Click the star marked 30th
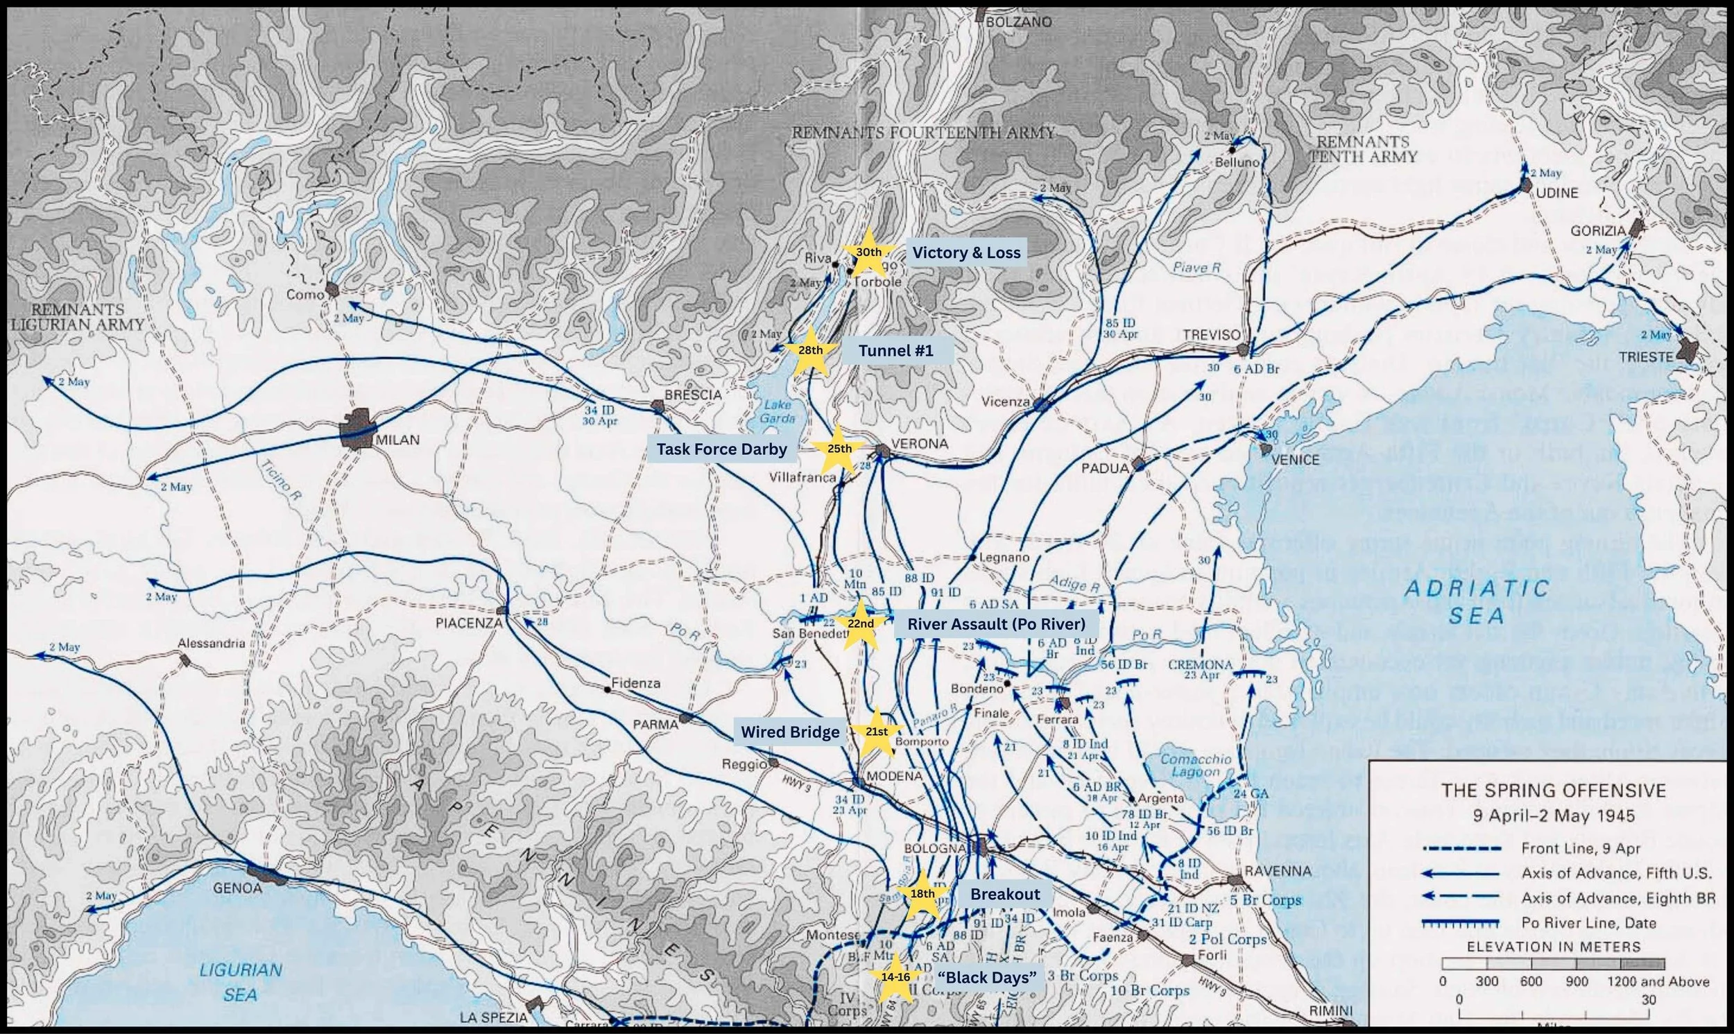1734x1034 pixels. tap(868, 252)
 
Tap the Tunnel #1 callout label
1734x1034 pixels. tap(895, 350)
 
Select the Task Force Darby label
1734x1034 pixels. tap(721, 449)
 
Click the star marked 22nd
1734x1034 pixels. tap(860, 623)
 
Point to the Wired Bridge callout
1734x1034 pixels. tap(789, 732)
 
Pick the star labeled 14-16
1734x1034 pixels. tap(895, 977)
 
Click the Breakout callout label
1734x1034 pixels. tap(1004, 894)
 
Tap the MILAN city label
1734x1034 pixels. tap(397, 440)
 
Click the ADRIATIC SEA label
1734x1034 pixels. tap(1475, 601)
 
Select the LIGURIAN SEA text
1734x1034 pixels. tap(241, 981)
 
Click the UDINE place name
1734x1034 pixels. tap(1556, 192)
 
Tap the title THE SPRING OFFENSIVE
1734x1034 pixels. tap(1554, 790)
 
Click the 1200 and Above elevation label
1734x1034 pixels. tap(1658, 981)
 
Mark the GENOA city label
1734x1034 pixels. tap(238, 888)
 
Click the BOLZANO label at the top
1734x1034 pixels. tap(1018, 22)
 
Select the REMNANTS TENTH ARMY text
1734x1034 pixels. tap(1363, 149)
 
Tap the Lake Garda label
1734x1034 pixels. tap(778, 411)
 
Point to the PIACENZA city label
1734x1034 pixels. tap(468, 622)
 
